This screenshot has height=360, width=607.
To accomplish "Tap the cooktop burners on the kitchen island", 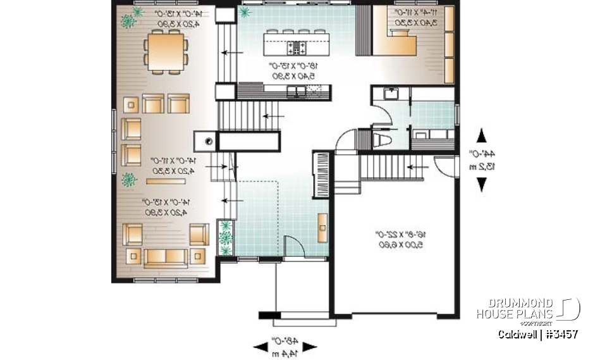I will click(x=296, y=47).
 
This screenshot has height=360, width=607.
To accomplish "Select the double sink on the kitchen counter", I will click(x=296, y=92).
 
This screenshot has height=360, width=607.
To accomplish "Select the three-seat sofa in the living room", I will click(x=166, y=256).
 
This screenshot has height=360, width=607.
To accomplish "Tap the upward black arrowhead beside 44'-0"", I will click(x=481, y=134).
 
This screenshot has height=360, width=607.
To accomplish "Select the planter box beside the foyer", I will click(x=225, y=239).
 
